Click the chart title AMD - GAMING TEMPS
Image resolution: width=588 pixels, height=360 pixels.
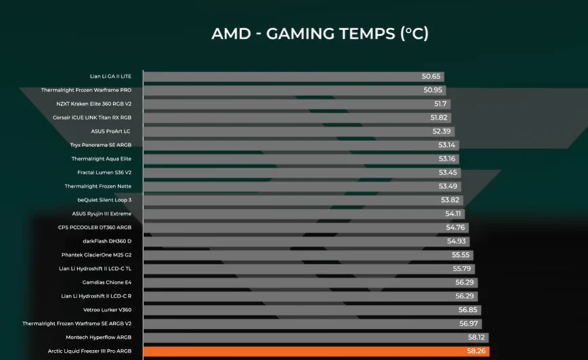click(319, 34)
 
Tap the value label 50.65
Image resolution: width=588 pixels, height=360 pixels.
click(431, 77)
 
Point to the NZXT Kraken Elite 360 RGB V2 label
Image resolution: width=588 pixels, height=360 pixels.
click(94, 104)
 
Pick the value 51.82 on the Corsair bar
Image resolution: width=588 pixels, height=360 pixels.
click(439, 117)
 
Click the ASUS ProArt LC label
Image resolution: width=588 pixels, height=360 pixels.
click(111, 131)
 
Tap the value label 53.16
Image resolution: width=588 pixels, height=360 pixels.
click(447, 159)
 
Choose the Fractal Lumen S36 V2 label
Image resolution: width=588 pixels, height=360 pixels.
click(104, 172)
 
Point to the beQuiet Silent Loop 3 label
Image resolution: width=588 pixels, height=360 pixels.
click(104, 200)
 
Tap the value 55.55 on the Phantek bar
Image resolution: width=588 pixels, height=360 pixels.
click(461, 255)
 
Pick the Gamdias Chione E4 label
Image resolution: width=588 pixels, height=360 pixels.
click(107, 282)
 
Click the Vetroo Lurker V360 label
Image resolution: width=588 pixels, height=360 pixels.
click(107, 310)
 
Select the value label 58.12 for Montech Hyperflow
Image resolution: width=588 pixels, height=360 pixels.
click(477, 337)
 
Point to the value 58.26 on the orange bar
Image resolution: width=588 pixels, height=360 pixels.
click(478, 351)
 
